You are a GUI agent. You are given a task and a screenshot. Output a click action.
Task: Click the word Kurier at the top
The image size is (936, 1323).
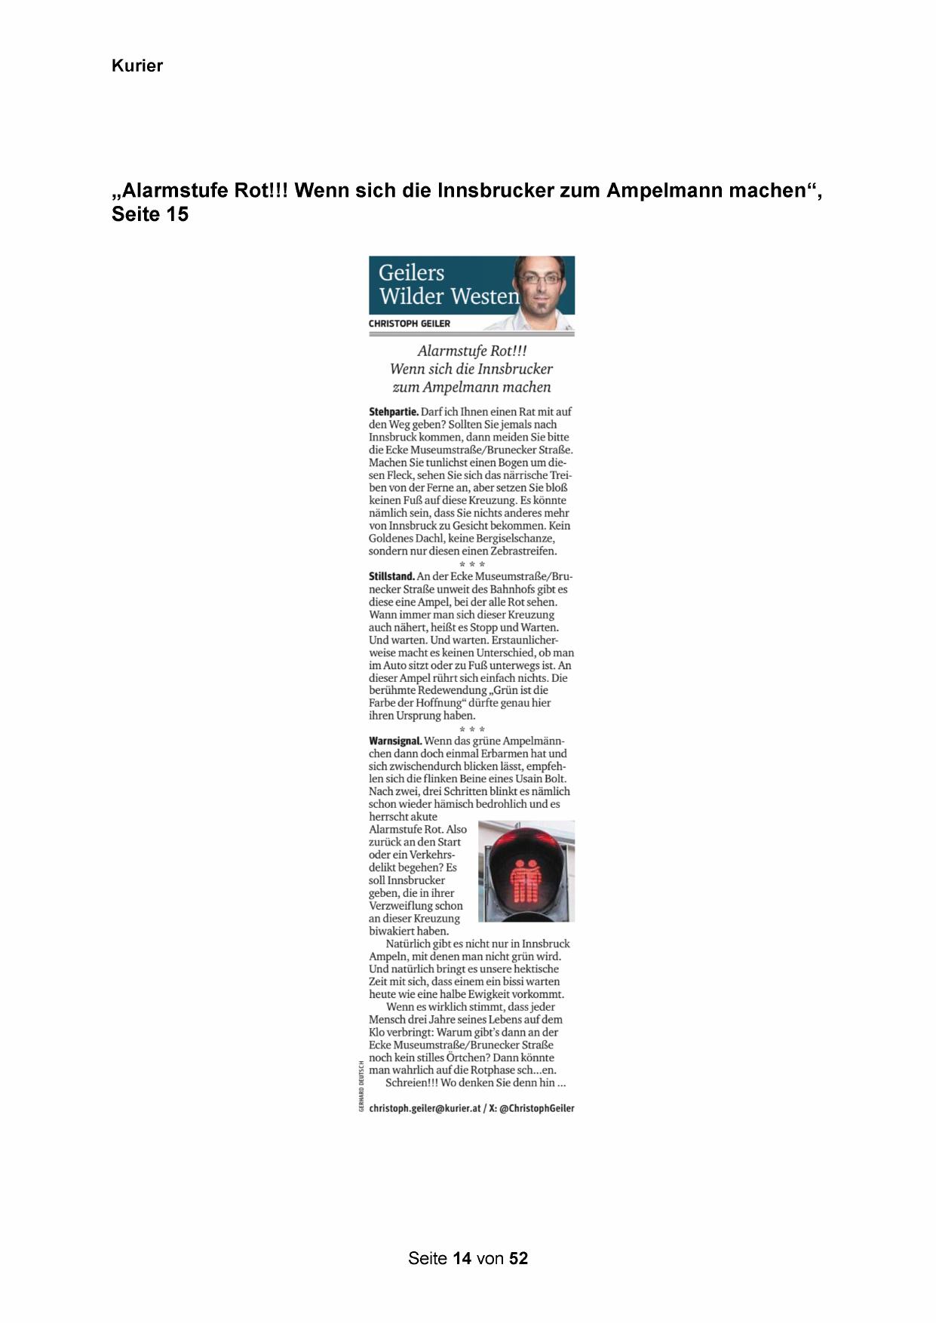click(x=137, y=66)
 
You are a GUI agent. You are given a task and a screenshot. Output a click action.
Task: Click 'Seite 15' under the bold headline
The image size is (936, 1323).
click(x=149, y=215)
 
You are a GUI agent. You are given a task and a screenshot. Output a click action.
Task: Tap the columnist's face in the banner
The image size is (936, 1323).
click(x=539, y=284)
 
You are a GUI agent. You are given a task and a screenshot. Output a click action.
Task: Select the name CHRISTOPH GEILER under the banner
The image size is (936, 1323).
click(x=409, y=324)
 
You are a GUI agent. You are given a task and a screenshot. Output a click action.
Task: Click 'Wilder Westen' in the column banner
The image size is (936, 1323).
click(x=449, y=296)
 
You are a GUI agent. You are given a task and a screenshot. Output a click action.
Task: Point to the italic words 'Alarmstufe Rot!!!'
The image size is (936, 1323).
click(x=471, y=351)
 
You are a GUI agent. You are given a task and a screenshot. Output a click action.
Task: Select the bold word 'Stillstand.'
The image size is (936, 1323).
click(x=391, y=577)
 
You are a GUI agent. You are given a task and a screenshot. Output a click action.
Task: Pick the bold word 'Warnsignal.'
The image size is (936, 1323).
click(x=395, y=741)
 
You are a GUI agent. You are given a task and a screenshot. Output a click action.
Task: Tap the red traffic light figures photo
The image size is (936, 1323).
click(x=526, y=871)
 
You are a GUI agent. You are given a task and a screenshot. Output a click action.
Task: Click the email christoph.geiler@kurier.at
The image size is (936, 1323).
click(x=425, y=1108)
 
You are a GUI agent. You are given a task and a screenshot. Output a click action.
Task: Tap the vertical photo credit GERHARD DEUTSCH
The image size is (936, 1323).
click(x=361, y=1085)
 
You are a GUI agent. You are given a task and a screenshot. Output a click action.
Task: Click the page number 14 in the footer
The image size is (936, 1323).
click(x=462, y=1258)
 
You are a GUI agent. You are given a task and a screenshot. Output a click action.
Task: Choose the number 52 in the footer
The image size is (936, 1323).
click(x=519, y=1258)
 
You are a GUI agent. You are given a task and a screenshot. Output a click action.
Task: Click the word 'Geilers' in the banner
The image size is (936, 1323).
click(x=411, y=272)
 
